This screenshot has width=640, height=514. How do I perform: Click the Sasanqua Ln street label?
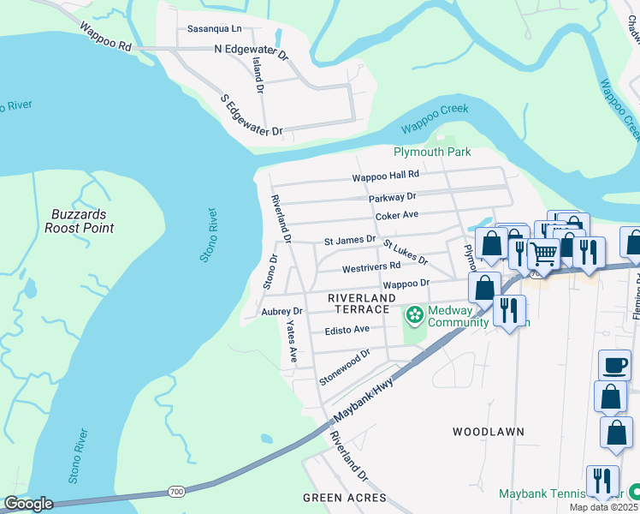click(x=215, y=28)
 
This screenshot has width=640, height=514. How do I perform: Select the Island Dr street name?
click(x=258, y=77)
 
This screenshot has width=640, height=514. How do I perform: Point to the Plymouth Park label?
click(x=432, y=152)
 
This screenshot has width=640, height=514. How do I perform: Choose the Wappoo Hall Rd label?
click(x=386, y=176)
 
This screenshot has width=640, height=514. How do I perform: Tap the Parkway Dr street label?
click(x=392, y=198)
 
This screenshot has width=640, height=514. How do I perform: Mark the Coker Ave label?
click(x=396, y=215)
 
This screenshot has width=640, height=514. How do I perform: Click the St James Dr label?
click(x=349, y=241)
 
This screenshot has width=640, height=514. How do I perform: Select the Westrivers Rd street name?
click(x=371, y=267)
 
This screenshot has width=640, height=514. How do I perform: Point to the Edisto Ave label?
click(x=347, y=329)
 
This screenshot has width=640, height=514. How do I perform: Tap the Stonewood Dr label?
click(x=344, y=367)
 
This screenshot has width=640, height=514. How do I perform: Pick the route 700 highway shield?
click(x=176, y=492)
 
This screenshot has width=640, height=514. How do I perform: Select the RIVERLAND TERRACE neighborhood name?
click(x=359, y=302)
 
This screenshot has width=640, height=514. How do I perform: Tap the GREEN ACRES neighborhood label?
click(x=344, y=498)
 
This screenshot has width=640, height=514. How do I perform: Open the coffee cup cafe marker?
click(x=614, y=366)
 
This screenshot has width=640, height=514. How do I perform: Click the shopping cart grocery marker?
click(x=543, y=254)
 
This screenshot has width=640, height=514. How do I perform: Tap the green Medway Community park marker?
click(x=415, y=316)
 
